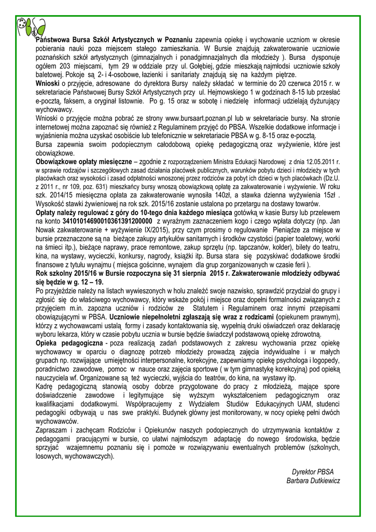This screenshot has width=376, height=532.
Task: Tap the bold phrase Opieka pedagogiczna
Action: click(69, 343)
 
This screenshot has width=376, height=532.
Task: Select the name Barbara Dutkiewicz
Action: click(313, 481)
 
